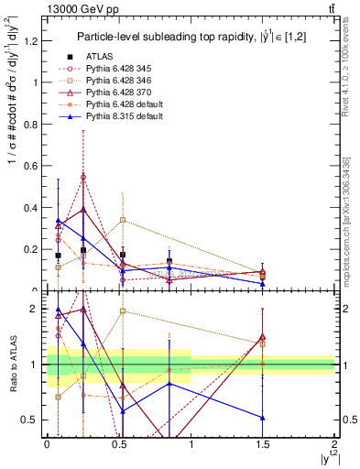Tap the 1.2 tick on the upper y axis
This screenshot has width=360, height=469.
[x=35, y=39]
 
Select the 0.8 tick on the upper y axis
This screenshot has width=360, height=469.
[x=35, y=124]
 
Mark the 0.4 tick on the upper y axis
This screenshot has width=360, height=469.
[x=35, y=207]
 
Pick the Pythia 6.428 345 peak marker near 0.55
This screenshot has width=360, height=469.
[x=83, y=177]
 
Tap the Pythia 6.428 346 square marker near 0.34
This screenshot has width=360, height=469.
[x=123, y=220]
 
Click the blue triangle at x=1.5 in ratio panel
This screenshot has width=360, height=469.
[x=263, y=418]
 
